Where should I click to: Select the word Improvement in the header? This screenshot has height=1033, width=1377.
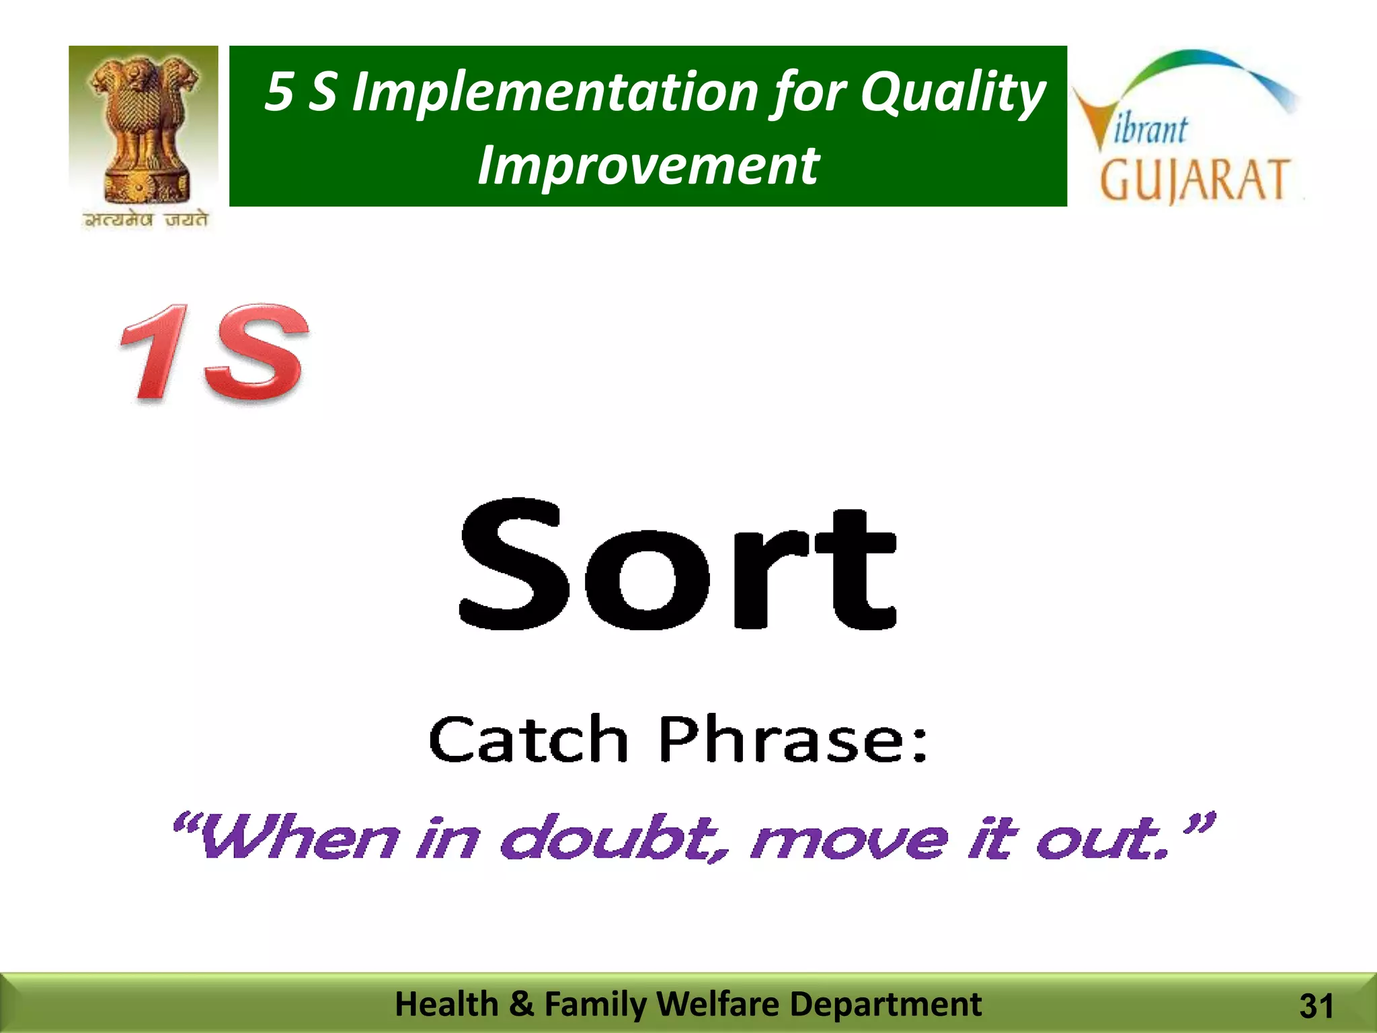(x=648, y=165)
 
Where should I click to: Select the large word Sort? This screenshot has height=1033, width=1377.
(x=678, y=565)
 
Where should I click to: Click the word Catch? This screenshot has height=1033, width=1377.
(x=528, y=740)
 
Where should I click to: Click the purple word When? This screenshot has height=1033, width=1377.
(x=296, y=839)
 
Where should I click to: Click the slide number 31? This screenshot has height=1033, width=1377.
(x=1316, y=1006)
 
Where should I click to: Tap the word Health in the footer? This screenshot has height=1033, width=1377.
(x=446, y=1004)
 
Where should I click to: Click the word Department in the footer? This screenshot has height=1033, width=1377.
(x=885, y=1004)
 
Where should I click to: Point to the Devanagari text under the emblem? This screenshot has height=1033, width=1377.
(x=145, y=220)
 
